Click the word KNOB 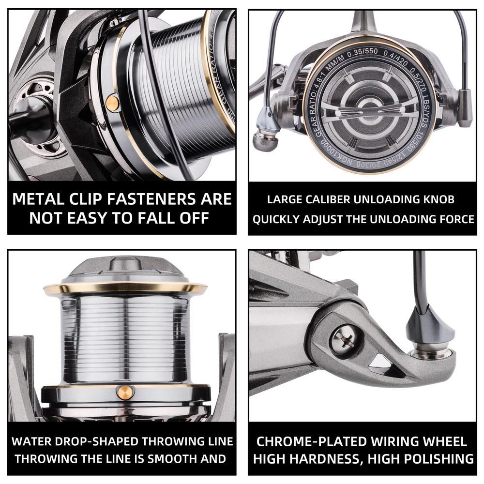437,199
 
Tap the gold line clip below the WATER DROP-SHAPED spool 125,391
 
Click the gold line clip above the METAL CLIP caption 112,102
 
